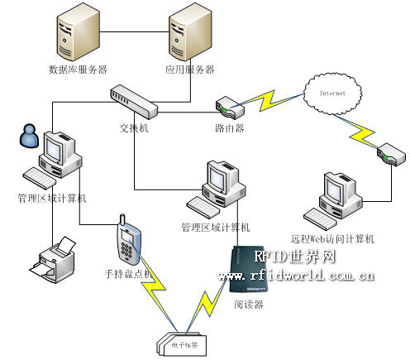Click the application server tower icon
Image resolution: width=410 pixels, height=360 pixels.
(x=187, y=36)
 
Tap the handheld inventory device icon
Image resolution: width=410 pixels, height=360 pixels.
(x=126, y=241)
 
